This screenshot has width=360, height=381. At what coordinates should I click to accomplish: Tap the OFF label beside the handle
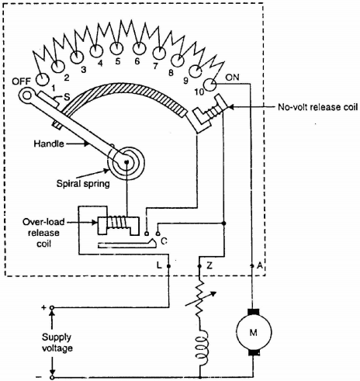tap(22, 81)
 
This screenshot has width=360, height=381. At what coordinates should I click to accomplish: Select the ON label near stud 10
tap(232, 78)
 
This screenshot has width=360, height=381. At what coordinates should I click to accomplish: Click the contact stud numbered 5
tap(116, 48)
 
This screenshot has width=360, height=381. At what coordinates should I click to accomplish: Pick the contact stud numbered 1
tap(42, 79)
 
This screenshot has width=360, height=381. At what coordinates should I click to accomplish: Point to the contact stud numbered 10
tap(209, 85)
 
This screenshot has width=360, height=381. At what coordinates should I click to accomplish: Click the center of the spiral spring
tap(126, 162)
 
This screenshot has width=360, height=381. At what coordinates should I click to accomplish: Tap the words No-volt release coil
tap(318, 107)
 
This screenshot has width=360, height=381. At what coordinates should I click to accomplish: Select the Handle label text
tap(49, 144)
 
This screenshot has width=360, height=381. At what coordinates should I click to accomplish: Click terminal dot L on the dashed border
tap(169, 266)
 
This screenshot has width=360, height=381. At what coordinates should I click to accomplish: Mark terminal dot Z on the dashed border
tap(199, 266)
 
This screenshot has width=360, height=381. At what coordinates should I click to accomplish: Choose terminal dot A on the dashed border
tap(252, 266)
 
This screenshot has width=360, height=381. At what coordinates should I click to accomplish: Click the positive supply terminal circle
tap(52, 308)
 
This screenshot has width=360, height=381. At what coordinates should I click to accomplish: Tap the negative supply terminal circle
tap(52, 377)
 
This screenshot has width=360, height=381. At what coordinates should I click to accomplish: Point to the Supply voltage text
tap(57, 343)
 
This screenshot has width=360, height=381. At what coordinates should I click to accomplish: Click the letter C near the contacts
tap(164, 241)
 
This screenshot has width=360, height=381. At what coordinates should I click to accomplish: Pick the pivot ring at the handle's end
tap(26, 95)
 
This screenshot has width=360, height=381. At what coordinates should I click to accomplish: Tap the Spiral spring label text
tap(83, 184)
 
